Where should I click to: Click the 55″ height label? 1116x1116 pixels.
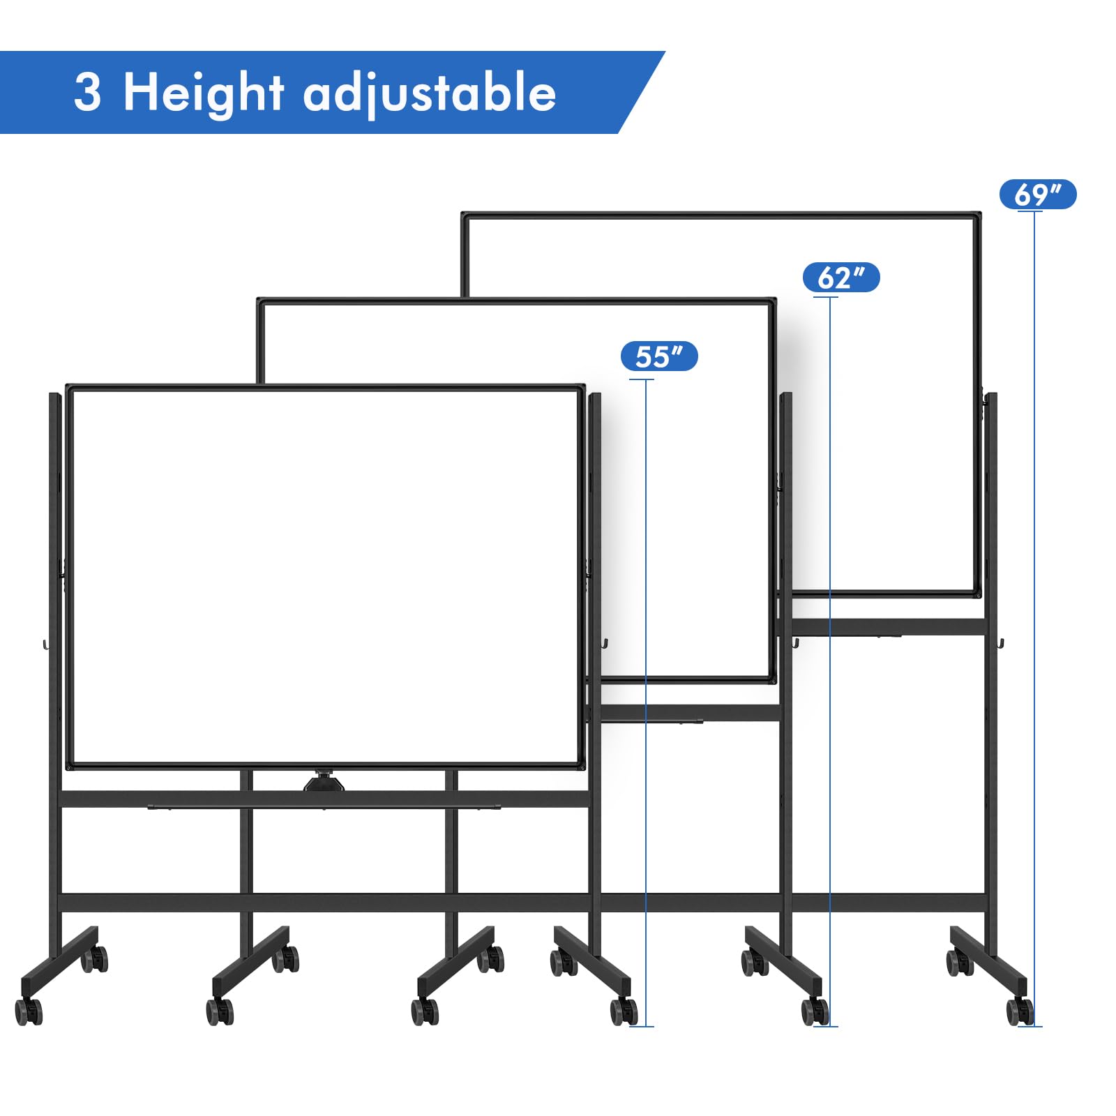pyautogui.click(x=658, y=356)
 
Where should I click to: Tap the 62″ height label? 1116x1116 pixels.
pyautogui.click(x=840, y=278)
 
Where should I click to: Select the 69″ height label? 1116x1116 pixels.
pyautogui.click(x=1037, y=195)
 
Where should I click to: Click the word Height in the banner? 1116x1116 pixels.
pyautogui.click(x=203, y=93)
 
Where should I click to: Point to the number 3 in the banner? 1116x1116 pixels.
pyautogui.click(x=88, y=92)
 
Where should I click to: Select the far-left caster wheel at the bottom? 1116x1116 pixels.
pyautogui.click(x=29, y=1011)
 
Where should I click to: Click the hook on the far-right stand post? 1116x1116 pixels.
pyautogui.click(x=1001, y=642)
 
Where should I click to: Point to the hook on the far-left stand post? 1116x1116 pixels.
pyautogui.click(x=45, y=643)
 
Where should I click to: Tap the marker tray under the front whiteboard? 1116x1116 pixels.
pyautogui.click(x=324, y=808)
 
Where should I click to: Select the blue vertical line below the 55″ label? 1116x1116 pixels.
pyautogui.click(x=646, y=697)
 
